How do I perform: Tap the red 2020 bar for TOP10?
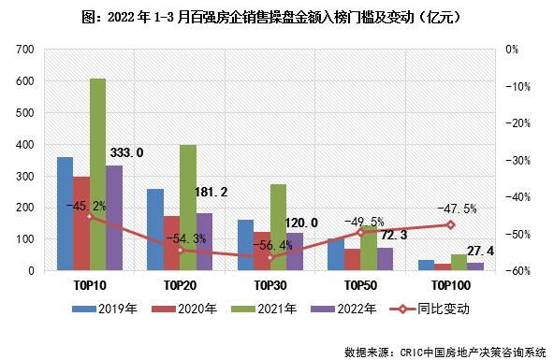click(x=81, y=223)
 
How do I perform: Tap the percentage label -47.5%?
click(x=458, y=209)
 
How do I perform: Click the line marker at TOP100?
click(x=450, y=224)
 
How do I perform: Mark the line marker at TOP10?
click(x=90, y=216)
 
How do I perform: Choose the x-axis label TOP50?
click(x=359, y=284)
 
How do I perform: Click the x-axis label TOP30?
click(x=270, y=284)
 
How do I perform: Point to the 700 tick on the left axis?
click(x=26, y=50)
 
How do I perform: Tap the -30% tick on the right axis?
click(x=519, y=160)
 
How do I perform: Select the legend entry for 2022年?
click(x=347, y=308)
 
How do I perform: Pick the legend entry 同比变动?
click(x=438, y=308)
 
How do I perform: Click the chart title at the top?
click(x=277, y=17)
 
